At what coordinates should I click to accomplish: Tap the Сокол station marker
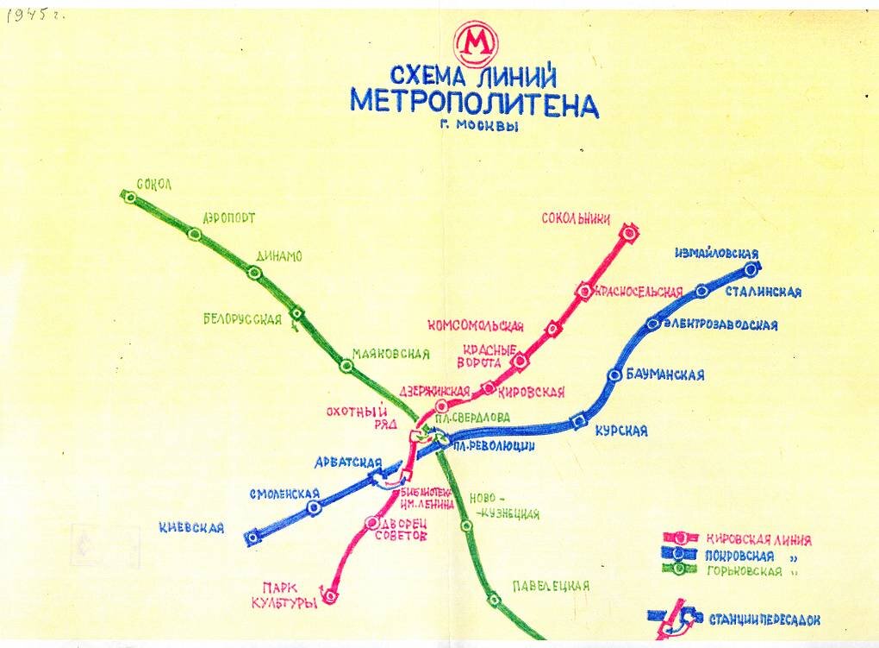[x=130, y=198]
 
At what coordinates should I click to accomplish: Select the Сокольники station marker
[x=629, y=231]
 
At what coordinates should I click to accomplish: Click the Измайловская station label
[x=717, y=254]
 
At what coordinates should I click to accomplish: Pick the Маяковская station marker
[x=346, y=366]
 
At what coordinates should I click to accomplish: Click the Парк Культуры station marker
[x=330, y=594]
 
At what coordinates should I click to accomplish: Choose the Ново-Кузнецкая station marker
[x=466, y=525]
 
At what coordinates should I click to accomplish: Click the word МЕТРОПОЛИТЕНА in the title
[x=474, y=104]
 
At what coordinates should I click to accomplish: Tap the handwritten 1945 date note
[x=35, y=17]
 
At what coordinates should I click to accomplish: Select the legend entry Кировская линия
[x=758, y=541]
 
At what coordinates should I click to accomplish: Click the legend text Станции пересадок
[x=764, y=620]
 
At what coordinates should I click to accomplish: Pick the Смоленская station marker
[x=314, y=508]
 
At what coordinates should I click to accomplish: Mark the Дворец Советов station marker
[x=371, y=523]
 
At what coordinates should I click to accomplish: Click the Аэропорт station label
[x=229, y=218]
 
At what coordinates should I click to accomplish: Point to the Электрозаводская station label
[x=720, y=325]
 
